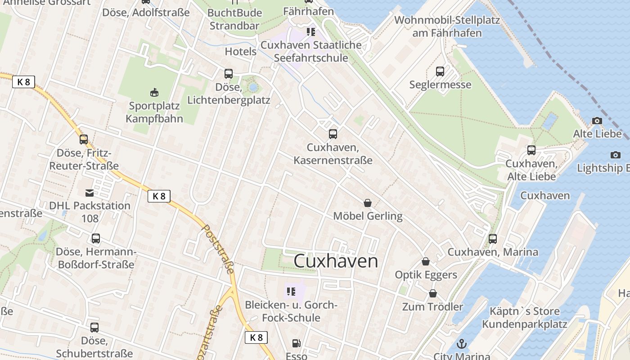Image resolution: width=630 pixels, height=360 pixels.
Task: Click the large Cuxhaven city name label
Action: [x=336, y=261]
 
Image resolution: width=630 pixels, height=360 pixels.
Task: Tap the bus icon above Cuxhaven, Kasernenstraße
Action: [x=333, y=134]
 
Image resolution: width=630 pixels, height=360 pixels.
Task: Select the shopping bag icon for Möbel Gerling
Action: [x=368, y=203]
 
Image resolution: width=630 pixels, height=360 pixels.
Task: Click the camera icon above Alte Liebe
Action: [x=597, y=121]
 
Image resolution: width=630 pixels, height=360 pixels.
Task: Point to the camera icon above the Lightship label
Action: [x=615, y=155]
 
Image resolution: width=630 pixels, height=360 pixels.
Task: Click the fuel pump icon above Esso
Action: [x=296, y=343]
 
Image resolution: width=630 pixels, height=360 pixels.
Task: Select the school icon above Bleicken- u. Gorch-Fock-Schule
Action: [x=291, y=292]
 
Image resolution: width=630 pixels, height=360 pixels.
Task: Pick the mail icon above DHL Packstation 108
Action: [x=90, y=193]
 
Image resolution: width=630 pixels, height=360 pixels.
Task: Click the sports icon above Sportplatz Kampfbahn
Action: [x=154, y=93]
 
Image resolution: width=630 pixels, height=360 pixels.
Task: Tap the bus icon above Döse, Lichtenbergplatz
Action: [x=229, y=74]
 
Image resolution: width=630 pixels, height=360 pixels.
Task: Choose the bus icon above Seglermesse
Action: [x=440, y=71]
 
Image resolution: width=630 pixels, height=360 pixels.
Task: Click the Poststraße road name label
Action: [x=218, y=250]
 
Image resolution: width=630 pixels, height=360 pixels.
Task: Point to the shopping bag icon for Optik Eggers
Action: [x=426, y=261]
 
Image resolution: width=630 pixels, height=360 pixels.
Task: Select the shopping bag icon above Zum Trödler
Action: [x=432, y=293]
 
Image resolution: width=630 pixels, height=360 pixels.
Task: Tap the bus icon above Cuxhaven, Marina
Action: [x=493, y=238]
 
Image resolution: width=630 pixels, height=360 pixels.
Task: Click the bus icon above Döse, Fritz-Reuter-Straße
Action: [x=84, y=139]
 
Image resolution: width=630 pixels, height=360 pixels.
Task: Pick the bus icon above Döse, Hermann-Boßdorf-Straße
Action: [x=96, y=238]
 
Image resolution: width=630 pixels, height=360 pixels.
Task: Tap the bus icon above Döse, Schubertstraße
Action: [x=94, y=328]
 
